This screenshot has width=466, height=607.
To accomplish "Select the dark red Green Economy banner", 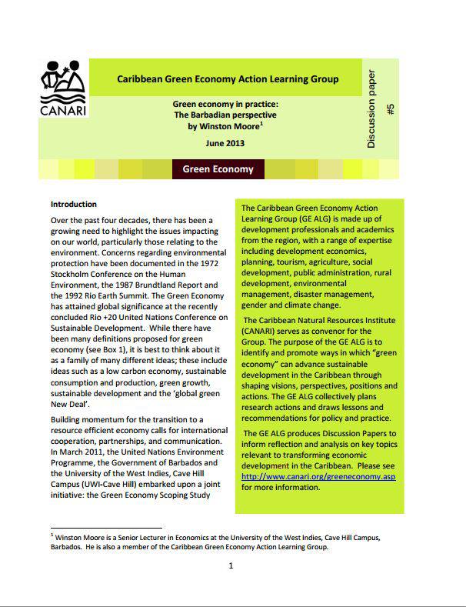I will click(x=218, y=169).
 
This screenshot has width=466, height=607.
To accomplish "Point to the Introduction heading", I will click(x=74, y=205).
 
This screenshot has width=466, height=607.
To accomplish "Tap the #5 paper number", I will click(x=391, y=110).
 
